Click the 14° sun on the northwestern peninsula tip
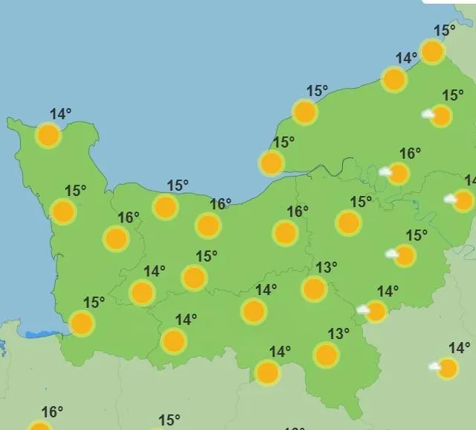(48, 136)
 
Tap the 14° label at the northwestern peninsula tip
(61, 114)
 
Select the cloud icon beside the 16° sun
(385, 171)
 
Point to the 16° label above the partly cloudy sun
(410, 154)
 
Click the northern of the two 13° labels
(327, 267)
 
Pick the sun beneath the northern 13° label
(315, 288)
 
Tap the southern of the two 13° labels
(338, 333)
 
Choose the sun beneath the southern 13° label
(326, 355)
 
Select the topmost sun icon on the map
(432, 51)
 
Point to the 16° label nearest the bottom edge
(52, 411)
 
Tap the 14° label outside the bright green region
(459, 347)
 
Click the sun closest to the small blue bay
(81, 323)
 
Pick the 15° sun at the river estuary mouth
(271, 162)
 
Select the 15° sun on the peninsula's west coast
(64, 212)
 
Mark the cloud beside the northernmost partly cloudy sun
(428, 114)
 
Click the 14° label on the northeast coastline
(406, 58)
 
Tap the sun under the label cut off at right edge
(463, 200)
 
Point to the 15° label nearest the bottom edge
(170, 420)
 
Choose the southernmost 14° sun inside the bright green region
(267, 372)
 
